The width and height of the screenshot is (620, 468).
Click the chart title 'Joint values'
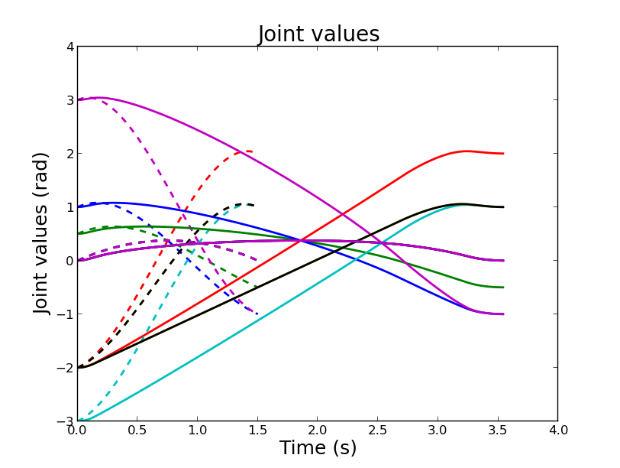[x=318, y=34]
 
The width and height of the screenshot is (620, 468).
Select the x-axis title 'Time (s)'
[x=318, y=448]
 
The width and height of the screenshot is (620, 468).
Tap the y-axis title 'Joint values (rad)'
[x=42, y=233]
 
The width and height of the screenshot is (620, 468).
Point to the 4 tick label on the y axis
[x=69, y=47]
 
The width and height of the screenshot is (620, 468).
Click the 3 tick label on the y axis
[x=69, y=100]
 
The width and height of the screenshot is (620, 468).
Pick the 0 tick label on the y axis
[x=69, y=261]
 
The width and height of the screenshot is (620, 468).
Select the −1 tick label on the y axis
[x=66, y=314]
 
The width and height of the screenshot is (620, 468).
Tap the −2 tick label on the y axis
[x=66, y=368]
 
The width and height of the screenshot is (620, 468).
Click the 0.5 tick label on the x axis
[x=137, y=431]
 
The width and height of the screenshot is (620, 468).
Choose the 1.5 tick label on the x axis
[x=257, y=431]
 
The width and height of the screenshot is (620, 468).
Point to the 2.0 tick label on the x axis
[x=318, y=431]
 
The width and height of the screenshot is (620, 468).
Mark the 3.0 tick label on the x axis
[x=438, y=431]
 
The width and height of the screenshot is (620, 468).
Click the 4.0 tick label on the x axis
[x=558, y=431]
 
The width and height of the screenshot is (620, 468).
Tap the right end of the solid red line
[x=503, y=154]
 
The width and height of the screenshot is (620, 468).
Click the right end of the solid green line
[x=503, y=288]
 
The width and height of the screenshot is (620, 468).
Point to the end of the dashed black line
[x=253, y=205]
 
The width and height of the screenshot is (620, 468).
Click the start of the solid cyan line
[x=78, y=421]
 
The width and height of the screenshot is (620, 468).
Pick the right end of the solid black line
[x=503, y=207]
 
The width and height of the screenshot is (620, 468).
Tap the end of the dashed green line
[x=257, y=288]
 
